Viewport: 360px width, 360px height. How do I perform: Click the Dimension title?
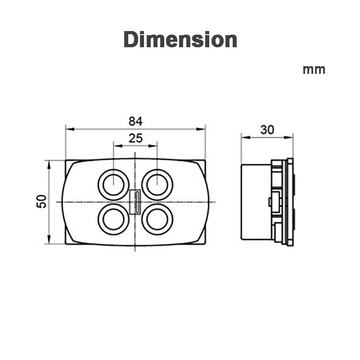[x=180, y=40]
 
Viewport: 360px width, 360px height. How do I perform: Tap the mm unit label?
[x=314, y=70]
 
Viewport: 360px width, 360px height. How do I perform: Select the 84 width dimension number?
[x=135, y=121]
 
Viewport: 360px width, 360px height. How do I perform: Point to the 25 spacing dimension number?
[x=135, y=138]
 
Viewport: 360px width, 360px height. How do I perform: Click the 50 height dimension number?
[x=41, y=201]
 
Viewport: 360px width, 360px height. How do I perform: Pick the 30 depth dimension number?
[x=267, y=130]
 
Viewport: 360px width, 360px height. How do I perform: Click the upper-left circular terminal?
[x=114, y=184]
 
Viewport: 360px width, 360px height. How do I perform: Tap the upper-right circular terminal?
[x=157, y=184]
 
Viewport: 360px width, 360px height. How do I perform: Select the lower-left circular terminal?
[x=114, y=219]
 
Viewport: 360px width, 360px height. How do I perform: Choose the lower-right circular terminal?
[x=157, y=219]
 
